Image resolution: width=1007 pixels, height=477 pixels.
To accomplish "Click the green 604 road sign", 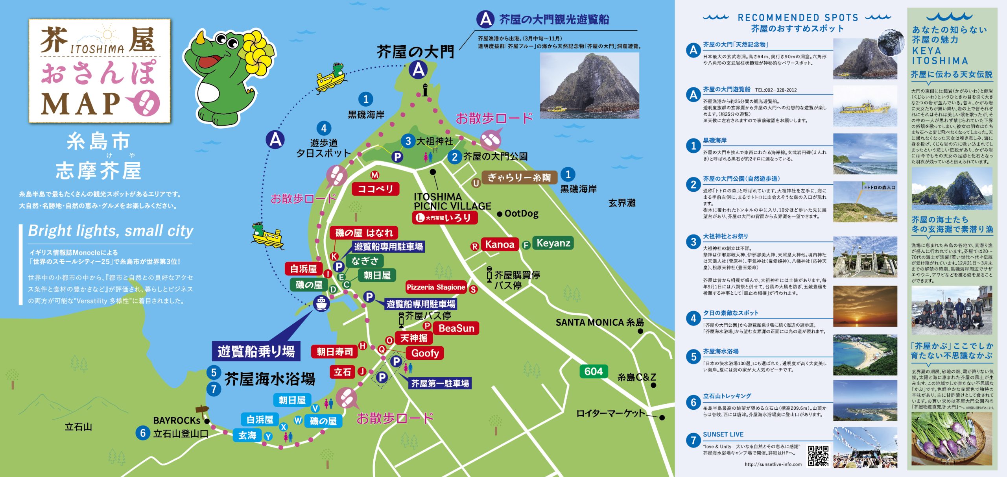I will pos(594,371).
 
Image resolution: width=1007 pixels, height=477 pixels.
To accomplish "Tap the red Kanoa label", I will pos(500,244).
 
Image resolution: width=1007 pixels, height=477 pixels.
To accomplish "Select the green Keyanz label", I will pos(553,243).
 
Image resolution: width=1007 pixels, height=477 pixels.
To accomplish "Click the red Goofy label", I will pos(425,353).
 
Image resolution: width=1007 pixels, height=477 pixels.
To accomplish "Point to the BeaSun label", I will pos(456,328).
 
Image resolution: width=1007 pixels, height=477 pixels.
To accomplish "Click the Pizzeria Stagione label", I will pos(436,287).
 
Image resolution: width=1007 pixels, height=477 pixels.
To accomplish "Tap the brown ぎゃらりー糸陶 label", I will pos(519,177).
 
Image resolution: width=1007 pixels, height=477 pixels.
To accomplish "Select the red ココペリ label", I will pos(375,189).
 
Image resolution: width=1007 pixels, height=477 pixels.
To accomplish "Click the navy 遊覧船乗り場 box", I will pos(256,351).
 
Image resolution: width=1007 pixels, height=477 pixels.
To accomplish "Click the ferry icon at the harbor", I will pos(321,303).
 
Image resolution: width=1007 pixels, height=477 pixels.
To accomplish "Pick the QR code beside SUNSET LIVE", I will pos(818,456).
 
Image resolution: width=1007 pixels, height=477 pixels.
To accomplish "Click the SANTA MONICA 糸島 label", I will pos(599,323).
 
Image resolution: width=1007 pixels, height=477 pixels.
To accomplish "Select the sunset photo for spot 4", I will pos(865,306).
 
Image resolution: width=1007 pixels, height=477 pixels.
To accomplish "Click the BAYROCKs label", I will pos(177,420).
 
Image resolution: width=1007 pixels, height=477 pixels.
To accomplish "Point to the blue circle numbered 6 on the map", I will pos(143,433).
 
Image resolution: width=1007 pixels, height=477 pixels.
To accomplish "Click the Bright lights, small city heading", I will pos(111,231).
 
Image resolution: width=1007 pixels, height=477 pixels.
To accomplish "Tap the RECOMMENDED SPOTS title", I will pos(798,18).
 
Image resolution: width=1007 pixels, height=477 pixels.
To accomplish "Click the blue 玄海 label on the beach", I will pos(247,435).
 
